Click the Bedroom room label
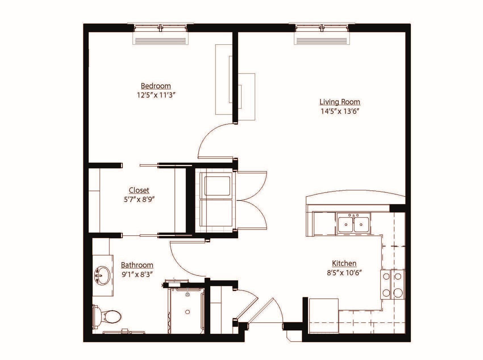(156, 86)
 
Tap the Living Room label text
(340, 102)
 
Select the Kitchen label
(344, 263)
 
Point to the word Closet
(139, 190)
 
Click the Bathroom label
(137, 265)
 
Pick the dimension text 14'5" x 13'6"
(340, 111)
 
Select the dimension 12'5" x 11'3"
(155, 95)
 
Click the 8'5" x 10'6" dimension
(344, 273)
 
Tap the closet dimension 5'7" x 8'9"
(139, 200)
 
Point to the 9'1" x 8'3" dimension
(137, 274)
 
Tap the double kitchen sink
(353, 224)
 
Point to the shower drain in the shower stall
(188, 312)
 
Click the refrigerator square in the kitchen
(324, 316)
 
